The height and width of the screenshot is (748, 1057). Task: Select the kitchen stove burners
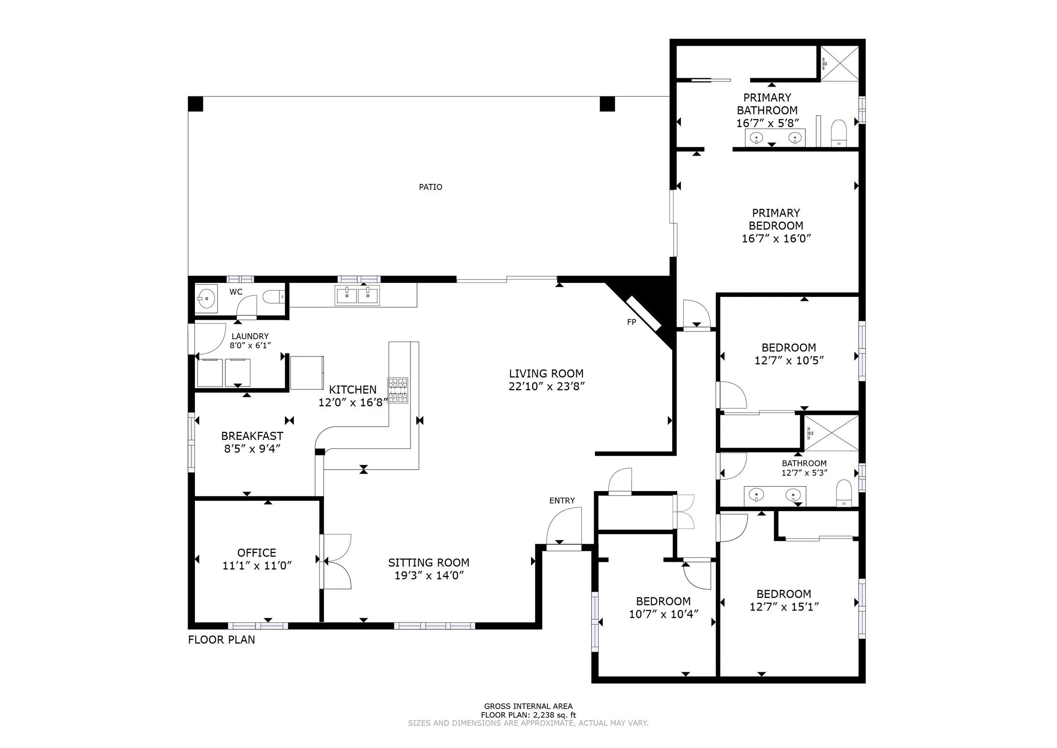[398, 391]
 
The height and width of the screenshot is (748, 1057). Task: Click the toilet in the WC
[274, 297]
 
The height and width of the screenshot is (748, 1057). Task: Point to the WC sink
[205, 298]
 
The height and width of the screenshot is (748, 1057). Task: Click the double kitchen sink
[358, 296]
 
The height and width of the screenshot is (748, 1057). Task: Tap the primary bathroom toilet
[839, 133]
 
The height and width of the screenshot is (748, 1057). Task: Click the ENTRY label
[562, 501]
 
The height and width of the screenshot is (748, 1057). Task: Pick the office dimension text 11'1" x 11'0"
[257, 566]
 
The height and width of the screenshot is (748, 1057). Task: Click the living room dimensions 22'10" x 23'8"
[546, 386]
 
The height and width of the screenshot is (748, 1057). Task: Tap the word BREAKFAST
[252, 436]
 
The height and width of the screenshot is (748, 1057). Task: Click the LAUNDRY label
[250, 336]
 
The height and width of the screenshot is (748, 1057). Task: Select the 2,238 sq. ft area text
[555, 715]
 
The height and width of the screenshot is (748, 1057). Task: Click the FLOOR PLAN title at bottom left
[222, 639]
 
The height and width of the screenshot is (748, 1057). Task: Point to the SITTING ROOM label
[428, 562]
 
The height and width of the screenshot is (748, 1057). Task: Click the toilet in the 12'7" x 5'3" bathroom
[844, 494]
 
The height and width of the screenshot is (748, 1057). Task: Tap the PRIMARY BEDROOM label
[776, 219]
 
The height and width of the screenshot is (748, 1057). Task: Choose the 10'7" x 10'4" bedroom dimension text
[664, 614]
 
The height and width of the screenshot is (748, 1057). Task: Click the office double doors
[336, 562]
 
